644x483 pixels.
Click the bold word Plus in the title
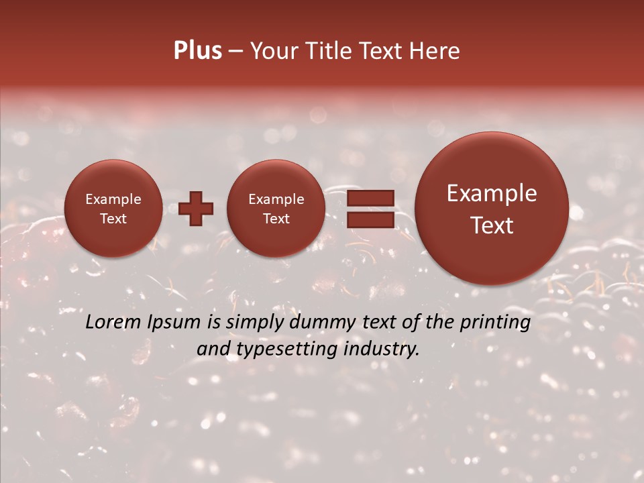pos(197,51)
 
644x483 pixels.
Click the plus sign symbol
pos(196,209)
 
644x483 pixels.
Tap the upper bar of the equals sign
pos(370,198)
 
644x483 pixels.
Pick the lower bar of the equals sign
pos(370,219)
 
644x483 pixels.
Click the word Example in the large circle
pos(492,194)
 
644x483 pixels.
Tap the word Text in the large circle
pos(492,225)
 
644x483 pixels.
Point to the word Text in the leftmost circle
pos(113,219)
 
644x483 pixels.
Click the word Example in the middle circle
pos(276,199)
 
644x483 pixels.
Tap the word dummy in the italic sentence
pos(322,323)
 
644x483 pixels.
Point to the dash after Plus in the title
pos(235,51)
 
